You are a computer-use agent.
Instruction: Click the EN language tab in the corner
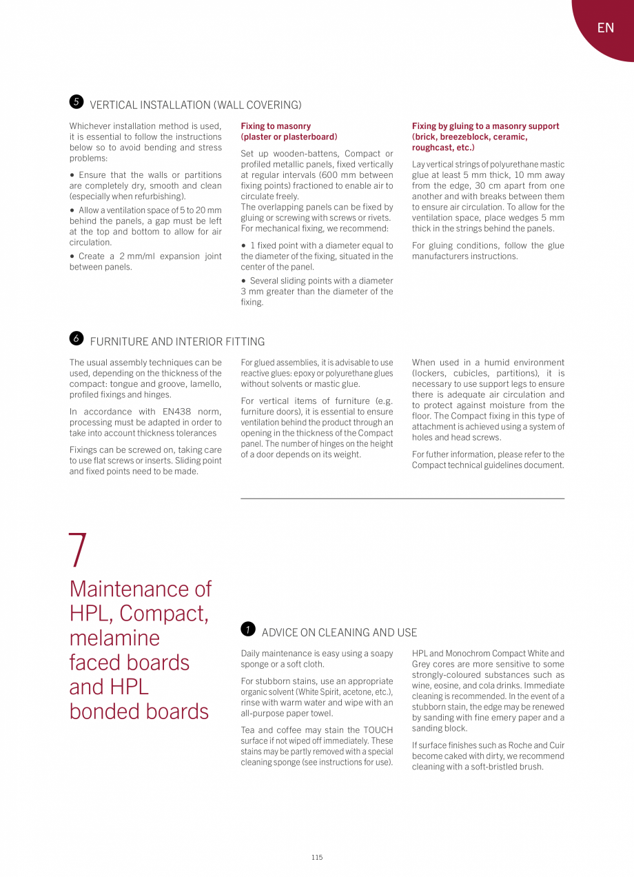click(x=605, y=28)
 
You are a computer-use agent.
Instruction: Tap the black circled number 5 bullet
click(x=76, y=102)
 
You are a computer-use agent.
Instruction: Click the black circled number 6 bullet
click(x=76, y=338)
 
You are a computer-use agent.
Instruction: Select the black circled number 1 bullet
click(x=248, y=629)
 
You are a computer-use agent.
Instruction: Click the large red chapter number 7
click(x=79, y=550)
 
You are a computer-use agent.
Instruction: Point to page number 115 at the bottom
click(x=316, y=857)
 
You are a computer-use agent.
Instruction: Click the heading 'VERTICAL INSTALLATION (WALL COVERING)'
click(x=196, y=105)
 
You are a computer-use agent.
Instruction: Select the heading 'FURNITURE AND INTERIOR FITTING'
click(x=177, y=341)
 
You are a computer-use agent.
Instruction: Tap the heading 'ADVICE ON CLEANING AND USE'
click(x=339, y=632)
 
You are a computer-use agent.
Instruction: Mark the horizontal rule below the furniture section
click(x=402, y=498)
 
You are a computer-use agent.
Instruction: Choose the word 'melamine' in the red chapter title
click(x=114, y=638)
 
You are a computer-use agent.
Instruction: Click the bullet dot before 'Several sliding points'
click(x=244, y=281)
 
